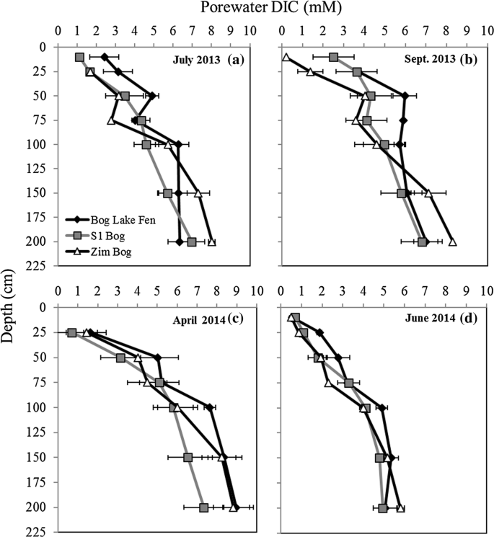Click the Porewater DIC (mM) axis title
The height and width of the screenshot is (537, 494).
(x=247, y=9)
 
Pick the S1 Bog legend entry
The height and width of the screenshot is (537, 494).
(x=102, y=231)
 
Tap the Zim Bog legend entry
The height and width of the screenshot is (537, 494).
(x=102, y=242)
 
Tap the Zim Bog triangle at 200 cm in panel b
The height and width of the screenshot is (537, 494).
(x=452, y=242)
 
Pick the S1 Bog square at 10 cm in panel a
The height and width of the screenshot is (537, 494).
(x=79, y=57)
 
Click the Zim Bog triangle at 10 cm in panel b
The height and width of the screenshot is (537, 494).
(x=286, y=57)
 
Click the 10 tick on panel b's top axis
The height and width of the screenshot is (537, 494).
(x=486, y=32)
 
